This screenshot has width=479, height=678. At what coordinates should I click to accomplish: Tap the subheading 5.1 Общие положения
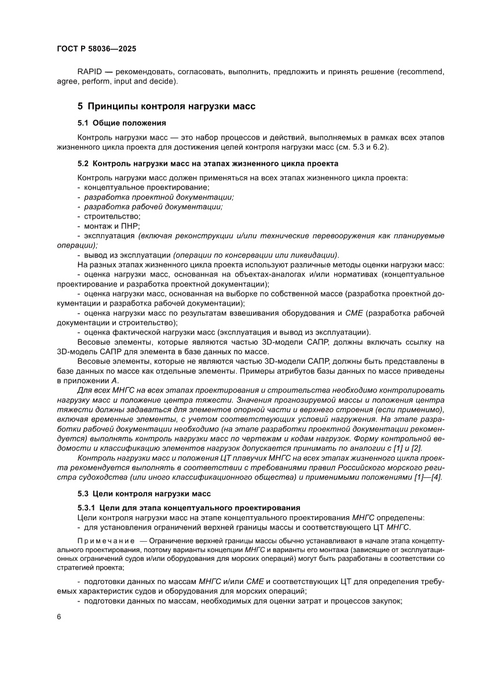point(122,123)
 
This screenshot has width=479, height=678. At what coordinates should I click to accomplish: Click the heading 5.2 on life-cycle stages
point(208,164)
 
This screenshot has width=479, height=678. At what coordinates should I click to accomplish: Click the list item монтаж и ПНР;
point(111,225)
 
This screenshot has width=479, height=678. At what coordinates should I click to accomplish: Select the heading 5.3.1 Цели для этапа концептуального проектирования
point(188,507)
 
